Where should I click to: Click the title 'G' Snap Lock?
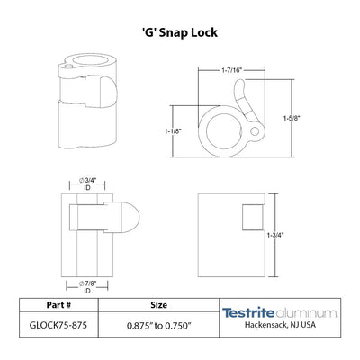180,32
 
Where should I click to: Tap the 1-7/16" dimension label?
231,70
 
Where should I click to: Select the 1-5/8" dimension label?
292,118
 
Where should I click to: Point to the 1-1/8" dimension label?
173,131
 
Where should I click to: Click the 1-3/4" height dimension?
275,235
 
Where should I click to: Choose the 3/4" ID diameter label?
87,184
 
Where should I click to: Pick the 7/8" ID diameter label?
87,287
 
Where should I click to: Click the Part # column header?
58,305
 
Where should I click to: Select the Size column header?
159,305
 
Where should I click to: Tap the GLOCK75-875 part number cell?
58,325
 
